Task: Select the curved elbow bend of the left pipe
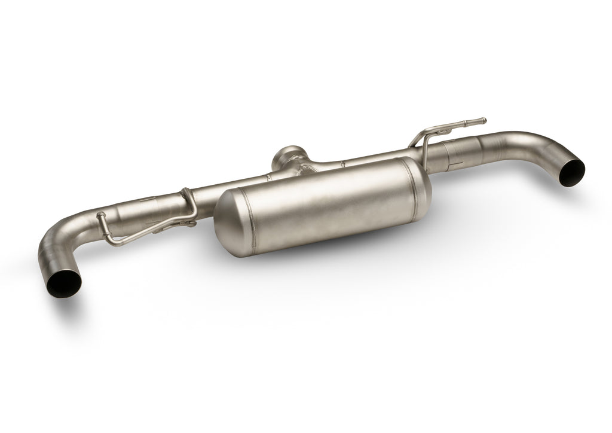point(51,242)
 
